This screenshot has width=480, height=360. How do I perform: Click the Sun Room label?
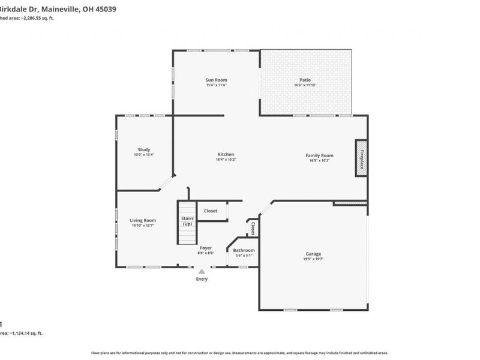click(216, 80)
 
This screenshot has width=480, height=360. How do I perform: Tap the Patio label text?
click(305, 80)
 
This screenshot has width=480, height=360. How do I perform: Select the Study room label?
click(143, 149)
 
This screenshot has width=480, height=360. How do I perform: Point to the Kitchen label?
click(226, 154)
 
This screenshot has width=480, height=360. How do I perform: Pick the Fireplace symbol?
click(361, 158)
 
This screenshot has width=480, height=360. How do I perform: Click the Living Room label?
click(143, 220)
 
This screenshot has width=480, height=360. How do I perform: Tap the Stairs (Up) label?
click(187, 221)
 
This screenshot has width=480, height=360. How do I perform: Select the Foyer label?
click(206, 248)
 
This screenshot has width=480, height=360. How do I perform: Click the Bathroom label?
click(244, 250)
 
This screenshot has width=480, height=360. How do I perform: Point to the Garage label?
click(313, 254)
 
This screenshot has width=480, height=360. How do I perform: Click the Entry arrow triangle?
click(202, 271)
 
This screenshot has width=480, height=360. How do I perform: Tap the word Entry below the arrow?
click(202, 279)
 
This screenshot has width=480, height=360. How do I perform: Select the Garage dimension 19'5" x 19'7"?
click(313, 259)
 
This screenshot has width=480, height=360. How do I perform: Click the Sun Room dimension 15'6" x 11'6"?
click(216, 85)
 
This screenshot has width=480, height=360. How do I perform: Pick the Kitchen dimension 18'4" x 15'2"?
click(226, 160)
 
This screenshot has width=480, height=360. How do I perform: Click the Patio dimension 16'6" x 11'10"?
click(305, 85)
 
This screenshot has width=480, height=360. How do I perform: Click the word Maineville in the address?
click(62, 8)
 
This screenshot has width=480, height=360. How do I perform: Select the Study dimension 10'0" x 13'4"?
click(143, 155)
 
